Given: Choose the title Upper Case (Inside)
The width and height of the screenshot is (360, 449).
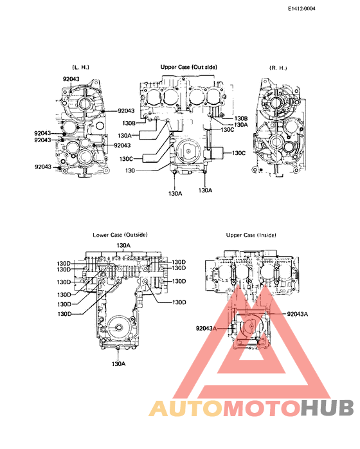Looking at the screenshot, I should coord(250,236).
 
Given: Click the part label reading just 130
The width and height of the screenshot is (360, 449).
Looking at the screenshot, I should coord(130,171).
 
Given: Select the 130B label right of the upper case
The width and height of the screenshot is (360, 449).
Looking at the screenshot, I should coord(240,118).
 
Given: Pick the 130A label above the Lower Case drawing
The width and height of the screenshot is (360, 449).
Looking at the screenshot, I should coord(123,246).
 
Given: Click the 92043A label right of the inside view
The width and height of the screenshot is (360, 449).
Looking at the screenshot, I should coord(298,315).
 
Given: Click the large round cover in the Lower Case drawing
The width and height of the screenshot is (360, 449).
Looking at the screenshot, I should coord(118,328).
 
